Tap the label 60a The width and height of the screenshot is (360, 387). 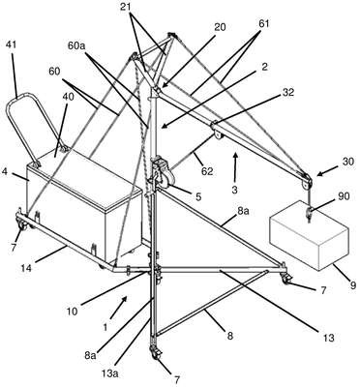(76, 45)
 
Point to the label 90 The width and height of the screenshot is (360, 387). (343, 196)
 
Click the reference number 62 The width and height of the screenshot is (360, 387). (207, 171)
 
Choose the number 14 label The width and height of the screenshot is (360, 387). (27, 268)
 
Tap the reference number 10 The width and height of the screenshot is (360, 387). (73, 312)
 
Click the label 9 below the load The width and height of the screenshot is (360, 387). (353, 285)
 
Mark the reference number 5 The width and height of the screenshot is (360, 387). (198, 196)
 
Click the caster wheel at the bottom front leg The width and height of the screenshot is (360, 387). (156, 351)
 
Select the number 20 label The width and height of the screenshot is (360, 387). (220, 28)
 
